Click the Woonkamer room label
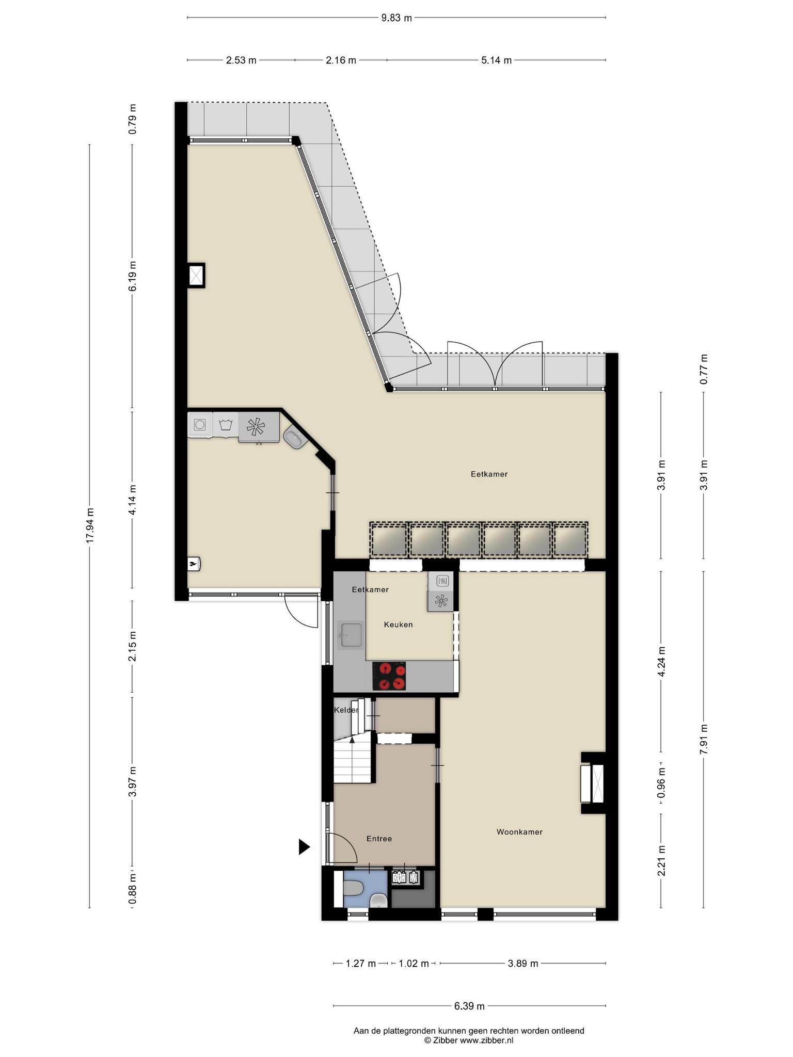click(519, 831)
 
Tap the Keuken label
click(398, 624)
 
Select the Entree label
click(379, 839)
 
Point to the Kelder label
click(346, 710)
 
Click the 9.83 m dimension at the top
click(396, 18)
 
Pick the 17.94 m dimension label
click(90, 525)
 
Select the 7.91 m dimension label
click(703, 740)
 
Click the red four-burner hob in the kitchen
click(389, 676)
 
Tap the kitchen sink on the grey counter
click(351, 635)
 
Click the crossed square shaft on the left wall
click(196, 276)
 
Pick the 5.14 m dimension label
click(496, 60)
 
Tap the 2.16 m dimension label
click(341, 60)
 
